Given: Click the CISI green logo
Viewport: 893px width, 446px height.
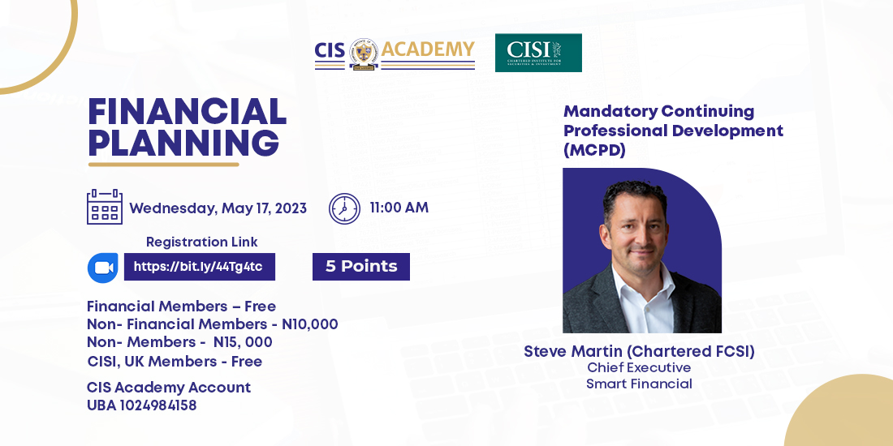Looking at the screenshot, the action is click(538, 53).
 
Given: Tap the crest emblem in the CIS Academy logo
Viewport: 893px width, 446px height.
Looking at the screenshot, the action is click(364, 54).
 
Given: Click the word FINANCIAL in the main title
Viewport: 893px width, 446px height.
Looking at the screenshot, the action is click(188, 112).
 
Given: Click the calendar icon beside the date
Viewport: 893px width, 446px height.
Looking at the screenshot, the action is click(105, 207).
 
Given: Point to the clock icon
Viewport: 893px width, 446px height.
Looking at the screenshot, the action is click(344, 208).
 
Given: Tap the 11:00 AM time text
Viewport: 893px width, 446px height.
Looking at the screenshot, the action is click(399, 208).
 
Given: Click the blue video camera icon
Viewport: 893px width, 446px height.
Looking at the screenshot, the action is click(103, 268).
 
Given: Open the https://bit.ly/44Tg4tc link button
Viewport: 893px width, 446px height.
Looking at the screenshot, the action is click(200, 267).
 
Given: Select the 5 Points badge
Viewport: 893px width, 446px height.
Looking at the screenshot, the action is click(361, 267).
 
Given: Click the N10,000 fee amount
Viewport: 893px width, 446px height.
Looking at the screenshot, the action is click(310, 324).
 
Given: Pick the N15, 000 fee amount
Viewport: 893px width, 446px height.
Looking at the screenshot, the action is click(243, 342).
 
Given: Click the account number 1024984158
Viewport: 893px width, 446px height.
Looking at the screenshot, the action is click(157, 405).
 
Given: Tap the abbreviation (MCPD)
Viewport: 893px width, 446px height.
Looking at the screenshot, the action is click(594, 150).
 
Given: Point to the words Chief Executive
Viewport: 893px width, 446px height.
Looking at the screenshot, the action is click(639, 367).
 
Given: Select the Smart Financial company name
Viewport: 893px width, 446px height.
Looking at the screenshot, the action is click(639, 384).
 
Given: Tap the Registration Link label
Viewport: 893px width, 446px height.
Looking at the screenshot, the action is click(201, 242).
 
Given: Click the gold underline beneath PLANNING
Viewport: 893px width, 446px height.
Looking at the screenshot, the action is click(163, 165).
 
